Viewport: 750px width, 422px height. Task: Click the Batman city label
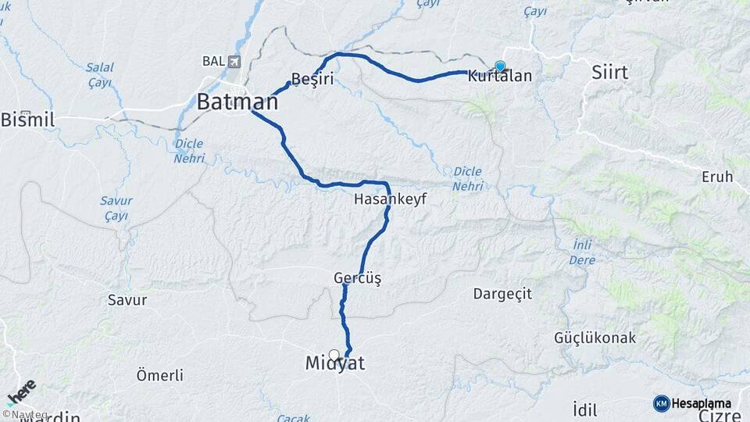click(x=237, y=102)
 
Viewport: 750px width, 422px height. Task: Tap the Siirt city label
click(x=609, y=73)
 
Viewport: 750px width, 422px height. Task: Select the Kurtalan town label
click(x=500, y=77)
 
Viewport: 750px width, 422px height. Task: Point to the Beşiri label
click(x=312, y=79)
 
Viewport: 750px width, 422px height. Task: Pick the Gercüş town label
click(x=357, y=278)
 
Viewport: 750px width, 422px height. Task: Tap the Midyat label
click(x=335, y=363)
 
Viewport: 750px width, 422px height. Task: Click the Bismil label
click(x=27, y=120)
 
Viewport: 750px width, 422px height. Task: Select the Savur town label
click(x=127, y=299)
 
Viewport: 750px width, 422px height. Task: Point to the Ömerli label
click(x=159, y=375)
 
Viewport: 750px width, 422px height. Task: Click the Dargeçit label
click(x=502, y=294)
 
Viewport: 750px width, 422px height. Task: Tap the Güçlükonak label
click(x=595, y=338)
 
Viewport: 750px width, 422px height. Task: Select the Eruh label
click(x=717, y=177)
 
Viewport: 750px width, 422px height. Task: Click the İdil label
click(x=584, y=409)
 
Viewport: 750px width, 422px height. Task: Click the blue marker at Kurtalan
click(x=500, y=66)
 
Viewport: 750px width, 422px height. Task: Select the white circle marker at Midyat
click(x=334, y=355)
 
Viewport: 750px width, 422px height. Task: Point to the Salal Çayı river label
click(x=99, y=75)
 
